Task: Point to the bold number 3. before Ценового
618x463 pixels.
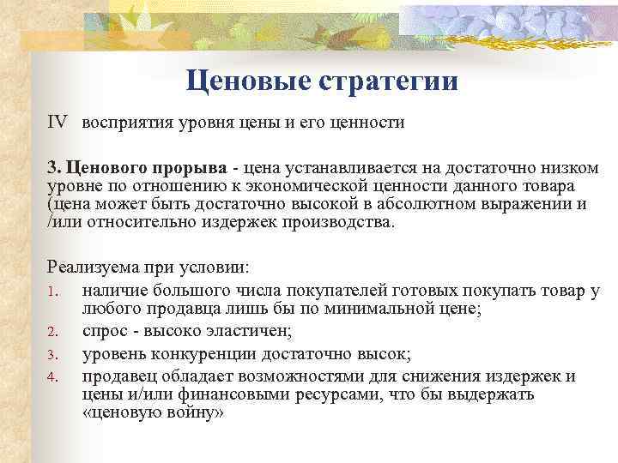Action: pos(52,168)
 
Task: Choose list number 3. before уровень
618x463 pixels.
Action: pos(52,353)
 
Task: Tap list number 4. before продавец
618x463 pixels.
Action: pos(52,377)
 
